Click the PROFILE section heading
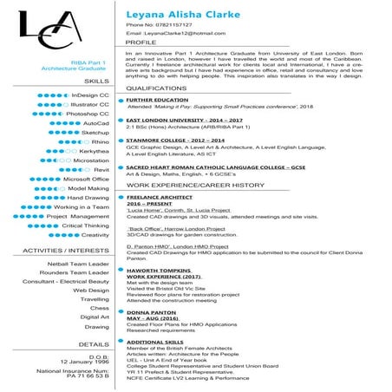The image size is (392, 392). [141, 42]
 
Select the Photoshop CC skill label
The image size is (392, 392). [88, 114]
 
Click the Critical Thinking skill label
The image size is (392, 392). [85, 225]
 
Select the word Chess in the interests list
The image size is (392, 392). [100, 308]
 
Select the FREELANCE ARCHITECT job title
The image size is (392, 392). [160, 197]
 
